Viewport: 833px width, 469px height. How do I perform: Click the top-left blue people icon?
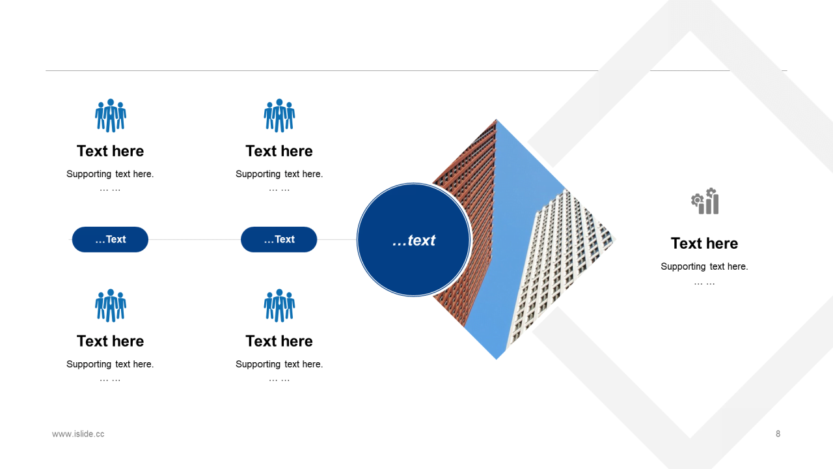(111, 115)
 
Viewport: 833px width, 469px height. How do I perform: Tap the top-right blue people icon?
(279, 115)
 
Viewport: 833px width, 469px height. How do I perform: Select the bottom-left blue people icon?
(111, 306)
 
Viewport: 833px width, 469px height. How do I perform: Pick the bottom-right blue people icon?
(279, 306)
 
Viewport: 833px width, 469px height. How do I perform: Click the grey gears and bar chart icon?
(705, 201)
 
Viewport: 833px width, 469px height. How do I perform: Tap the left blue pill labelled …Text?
(110, 239)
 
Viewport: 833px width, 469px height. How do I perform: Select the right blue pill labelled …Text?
(279, 239)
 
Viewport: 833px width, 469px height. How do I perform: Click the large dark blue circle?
(413, 240)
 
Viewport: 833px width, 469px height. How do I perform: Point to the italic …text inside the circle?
(413, 240)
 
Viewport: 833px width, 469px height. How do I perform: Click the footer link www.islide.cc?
(78, 434)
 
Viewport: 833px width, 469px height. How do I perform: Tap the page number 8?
(778, 434)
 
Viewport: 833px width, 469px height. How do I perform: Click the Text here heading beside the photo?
(704, 244)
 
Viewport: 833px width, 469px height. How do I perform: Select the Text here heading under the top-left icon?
(110, 151)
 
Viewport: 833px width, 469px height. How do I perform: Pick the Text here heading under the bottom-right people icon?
(279, 341)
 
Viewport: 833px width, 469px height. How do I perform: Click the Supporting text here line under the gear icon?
(704, 266)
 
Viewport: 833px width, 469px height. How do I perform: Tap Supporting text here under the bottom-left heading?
(110, 364)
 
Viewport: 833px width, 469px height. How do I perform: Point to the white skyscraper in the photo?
(558, 268)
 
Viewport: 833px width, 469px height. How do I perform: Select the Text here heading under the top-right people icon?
(279, 151)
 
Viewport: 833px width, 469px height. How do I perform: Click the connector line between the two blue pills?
(195, 239)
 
